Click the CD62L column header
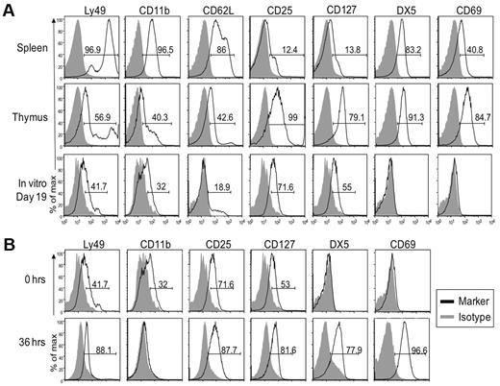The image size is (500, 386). click(215, 11)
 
